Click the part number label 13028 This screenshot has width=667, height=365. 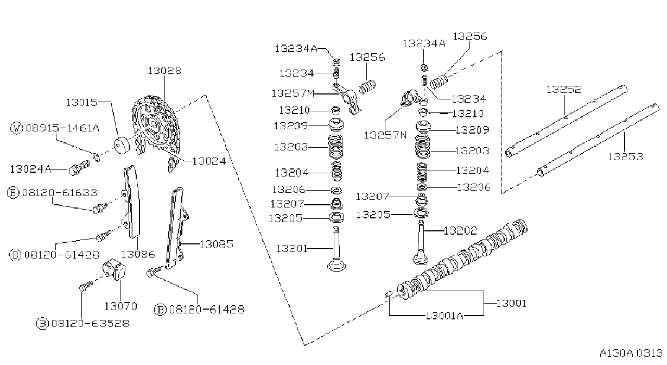(164, 71)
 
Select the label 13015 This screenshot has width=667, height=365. (81, 102)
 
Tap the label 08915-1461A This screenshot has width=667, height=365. (62, 128)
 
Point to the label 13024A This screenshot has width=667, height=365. (30, 169)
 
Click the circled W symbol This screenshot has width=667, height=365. (16, 128)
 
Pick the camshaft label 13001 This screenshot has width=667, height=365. (511, 303)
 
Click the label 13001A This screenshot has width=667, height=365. (444, 315)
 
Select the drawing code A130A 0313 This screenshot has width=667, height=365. (631, 353)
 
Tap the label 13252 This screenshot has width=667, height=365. (564, 89)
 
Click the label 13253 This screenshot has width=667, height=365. (625, 156)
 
